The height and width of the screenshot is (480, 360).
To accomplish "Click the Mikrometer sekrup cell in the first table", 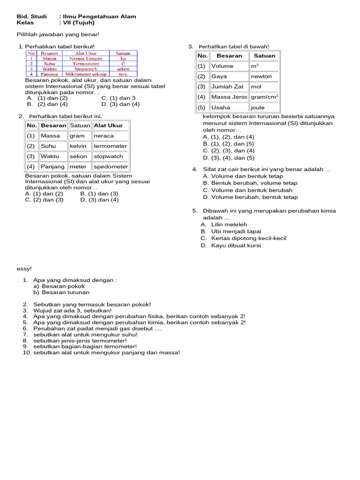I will coord(86,74).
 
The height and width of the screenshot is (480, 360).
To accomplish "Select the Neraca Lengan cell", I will coord(86,59).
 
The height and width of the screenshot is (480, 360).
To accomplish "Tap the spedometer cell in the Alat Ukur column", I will coord(111,166).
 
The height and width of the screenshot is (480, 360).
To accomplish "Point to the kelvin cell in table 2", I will coord(78,146).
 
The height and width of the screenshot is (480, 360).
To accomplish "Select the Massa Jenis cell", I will coord(229,97).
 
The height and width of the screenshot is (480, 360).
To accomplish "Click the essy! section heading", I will coord(24,269).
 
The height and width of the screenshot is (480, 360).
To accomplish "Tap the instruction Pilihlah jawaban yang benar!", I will coord(58,34).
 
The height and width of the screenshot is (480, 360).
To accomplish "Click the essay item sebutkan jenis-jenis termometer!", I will coord(80,340).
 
